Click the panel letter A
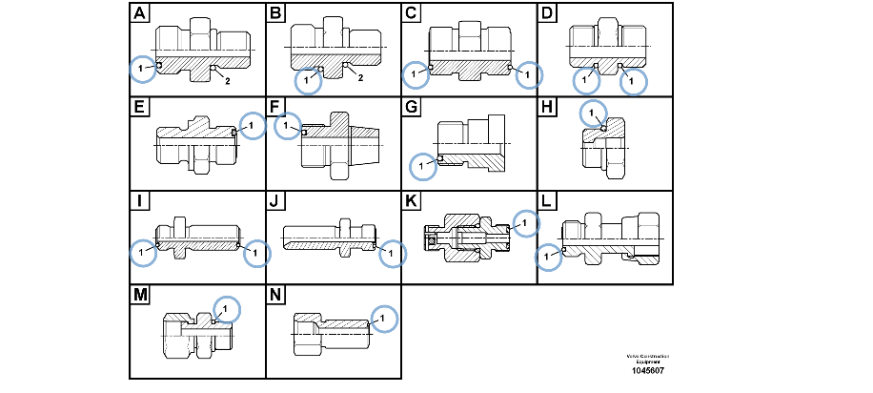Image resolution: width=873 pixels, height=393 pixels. coord(139,13)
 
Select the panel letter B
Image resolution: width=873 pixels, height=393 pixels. coord(276,13)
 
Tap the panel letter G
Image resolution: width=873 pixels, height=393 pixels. coord(412,107)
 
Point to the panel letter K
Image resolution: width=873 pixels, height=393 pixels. coord(412,201)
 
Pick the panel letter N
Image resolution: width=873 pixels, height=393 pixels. coord(276,295)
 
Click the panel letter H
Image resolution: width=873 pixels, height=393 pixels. coord(548,107)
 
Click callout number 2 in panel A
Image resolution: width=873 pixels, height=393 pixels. coord(227,82)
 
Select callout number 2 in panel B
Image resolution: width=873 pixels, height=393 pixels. coord(362,77)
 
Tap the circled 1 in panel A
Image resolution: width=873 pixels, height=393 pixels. coord(142,68)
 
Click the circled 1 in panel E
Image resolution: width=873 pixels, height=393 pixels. coord(252,125)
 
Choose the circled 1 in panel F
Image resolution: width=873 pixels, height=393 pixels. coord(285,126)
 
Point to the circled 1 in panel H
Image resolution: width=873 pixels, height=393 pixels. coord(592,114)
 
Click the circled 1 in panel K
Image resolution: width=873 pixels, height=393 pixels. coord(524,222)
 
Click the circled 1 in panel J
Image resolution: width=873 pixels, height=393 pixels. coord(391,254)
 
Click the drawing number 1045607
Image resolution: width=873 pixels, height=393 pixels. coord(647,370)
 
